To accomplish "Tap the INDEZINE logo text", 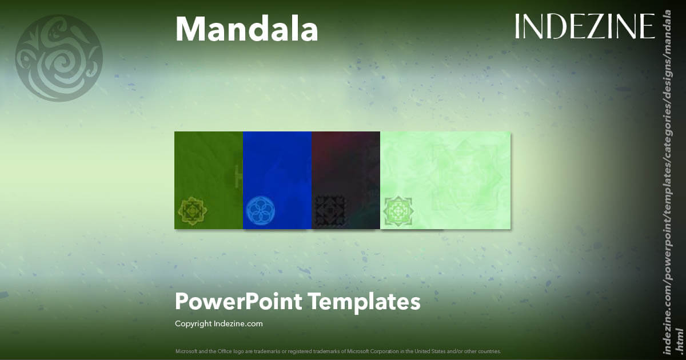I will pyautogui.click(x=584, y=26).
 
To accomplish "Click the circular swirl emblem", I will pyautogui.click(x=59, y=58).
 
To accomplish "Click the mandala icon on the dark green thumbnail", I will pyautogui.click(x=194, y=210).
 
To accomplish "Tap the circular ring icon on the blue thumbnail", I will pyautogui.click(x=261, y=210).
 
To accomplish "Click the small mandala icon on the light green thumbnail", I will pyautogui.click(x=398, y=210).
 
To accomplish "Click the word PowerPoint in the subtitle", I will pyautogui.click(x=238, y=301).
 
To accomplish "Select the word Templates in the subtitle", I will pyautogui.click(x=364, y=301).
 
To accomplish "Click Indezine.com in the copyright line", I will pyautogui.click(x=238, y=324).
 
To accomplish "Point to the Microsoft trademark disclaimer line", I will pyautogui.click(x=338, y=351).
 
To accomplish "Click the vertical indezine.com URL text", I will pyautogui.click(x=667, y=189).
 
